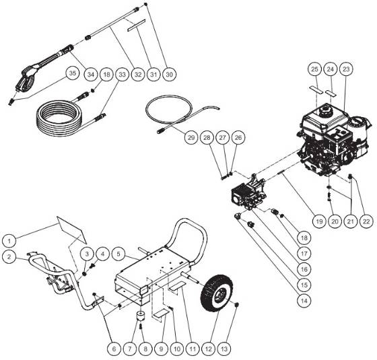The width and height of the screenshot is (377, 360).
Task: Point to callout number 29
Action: pyautogui.click(x=191, y=138)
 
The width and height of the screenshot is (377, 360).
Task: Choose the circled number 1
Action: pyautogui.click(x=9, y=239)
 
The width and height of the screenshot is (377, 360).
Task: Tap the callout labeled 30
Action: pyautogui.click(x=169, y=73)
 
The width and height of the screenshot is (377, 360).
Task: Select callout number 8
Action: pyautogui.click(x=143, y=349)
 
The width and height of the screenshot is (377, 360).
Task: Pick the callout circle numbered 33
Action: pyautogui.click(x=122, y=73)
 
